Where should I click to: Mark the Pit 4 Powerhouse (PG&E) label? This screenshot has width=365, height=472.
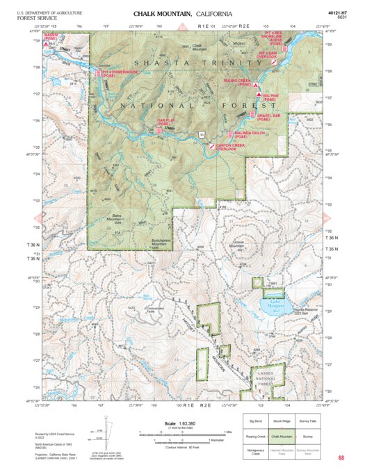coord(117,72)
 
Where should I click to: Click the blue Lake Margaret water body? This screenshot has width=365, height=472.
coord(274,303)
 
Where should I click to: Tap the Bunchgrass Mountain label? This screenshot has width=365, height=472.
coord(161,243)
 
